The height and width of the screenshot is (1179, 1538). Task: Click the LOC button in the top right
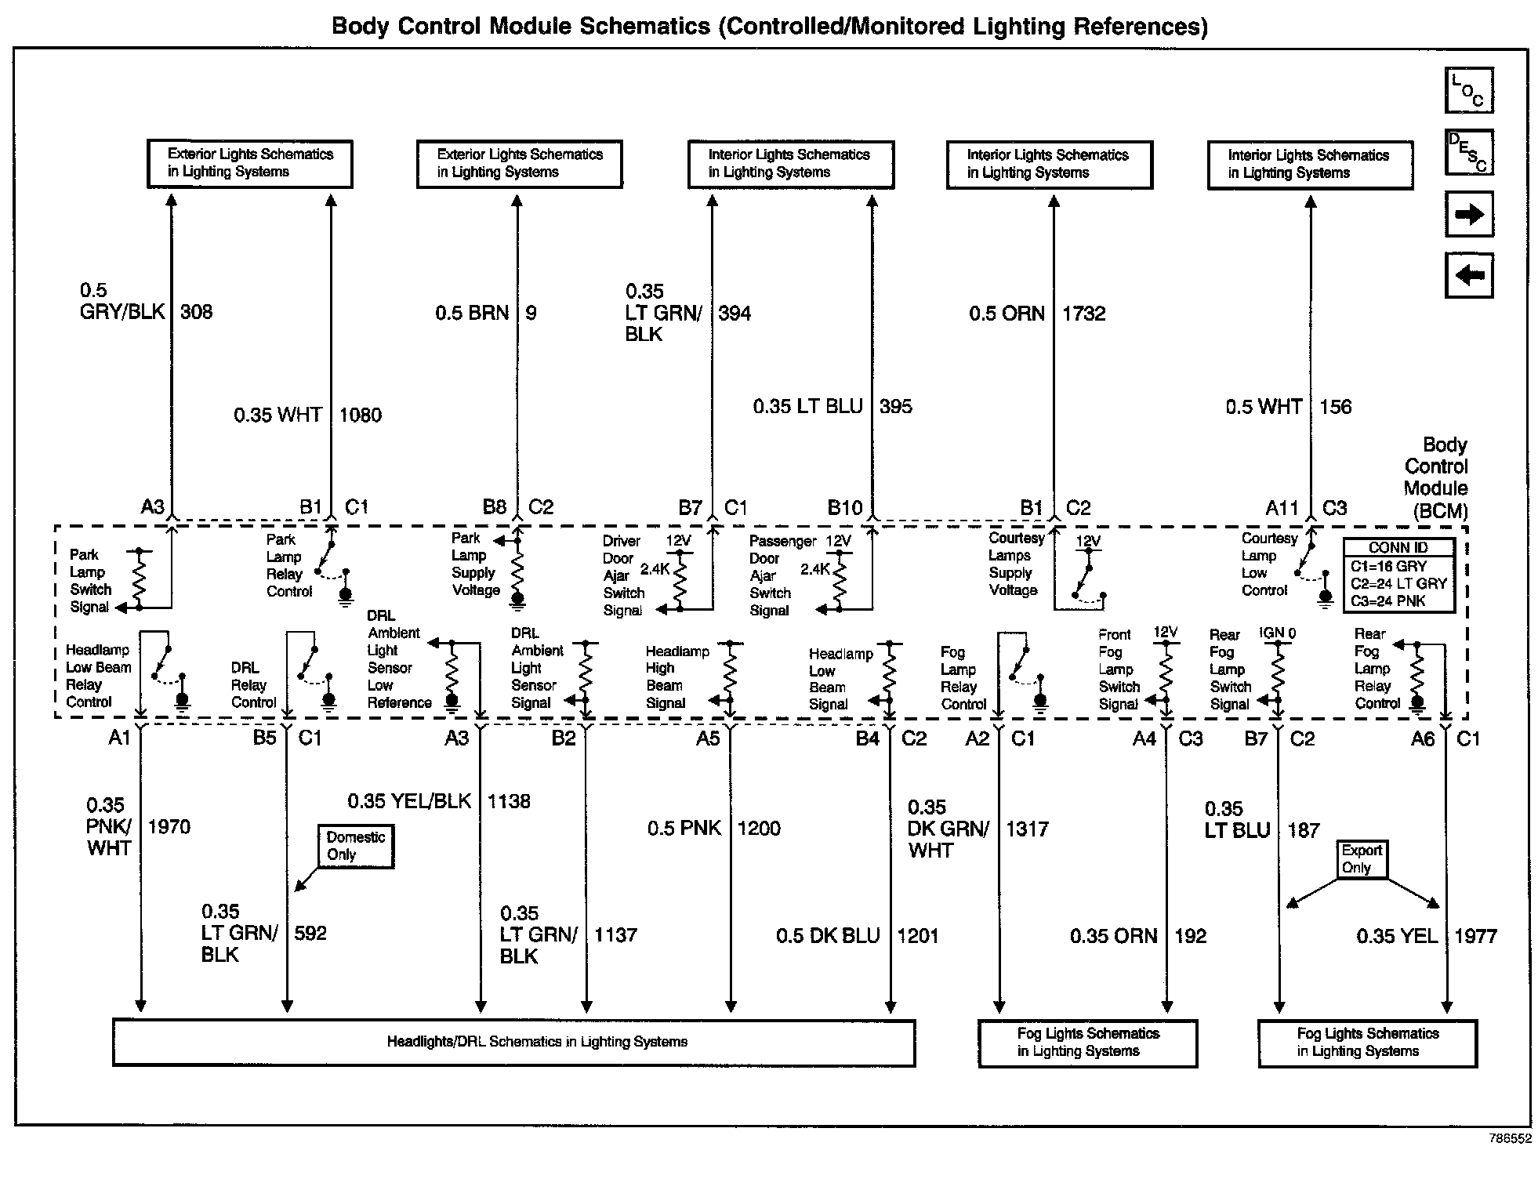pyautogui.click(x=1468, y=89)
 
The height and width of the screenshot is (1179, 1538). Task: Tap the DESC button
pyautogui.click(x=1468, y=151)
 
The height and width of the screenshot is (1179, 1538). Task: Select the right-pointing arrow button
pyautogui.click(x=1468, y=214)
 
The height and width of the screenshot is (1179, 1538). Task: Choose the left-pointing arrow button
pyautogui.click(x=1468, y=275)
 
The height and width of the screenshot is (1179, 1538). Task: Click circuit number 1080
pyautogui.click(x=360, y=415)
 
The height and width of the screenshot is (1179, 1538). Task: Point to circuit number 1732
pyautogui.click(x=1083, y=314)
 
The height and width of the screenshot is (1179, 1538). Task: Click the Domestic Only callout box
pyautogui.click(x=355, y=846)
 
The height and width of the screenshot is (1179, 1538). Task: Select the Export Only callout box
pyautogui.click(x=1362, y=859)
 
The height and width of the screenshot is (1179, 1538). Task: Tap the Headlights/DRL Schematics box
pyautogui.click(x=513, y=1042)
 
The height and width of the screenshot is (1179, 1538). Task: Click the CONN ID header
pyautogui.click(x=1398, y=547)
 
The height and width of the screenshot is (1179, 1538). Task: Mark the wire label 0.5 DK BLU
pyautogui.click(x=828, y=936)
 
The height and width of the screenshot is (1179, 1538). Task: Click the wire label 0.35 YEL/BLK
pyautogui.click(x=409, y=801)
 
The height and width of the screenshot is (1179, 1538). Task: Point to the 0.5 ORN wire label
pyautogui.click(x=1007, y=314)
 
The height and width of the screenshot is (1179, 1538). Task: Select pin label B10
pyautogui.click(x=844, y=508)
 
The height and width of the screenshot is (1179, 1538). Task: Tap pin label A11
pyautogui.click(x=1282, y=508)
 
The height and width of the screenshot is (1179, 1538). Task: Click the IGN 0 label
pyautogui.click(x=1278, y=633)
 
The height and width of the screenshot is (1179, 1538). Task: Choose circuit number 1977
pyautogui.click(x=1475, y=936)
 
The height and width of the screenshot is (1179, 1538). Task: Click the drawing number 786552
pyautogui.click(x=1510, y=1139)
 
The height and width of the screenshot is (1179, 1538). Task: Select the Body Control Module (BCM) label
pyautogui.click(x=1435, y=477)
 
